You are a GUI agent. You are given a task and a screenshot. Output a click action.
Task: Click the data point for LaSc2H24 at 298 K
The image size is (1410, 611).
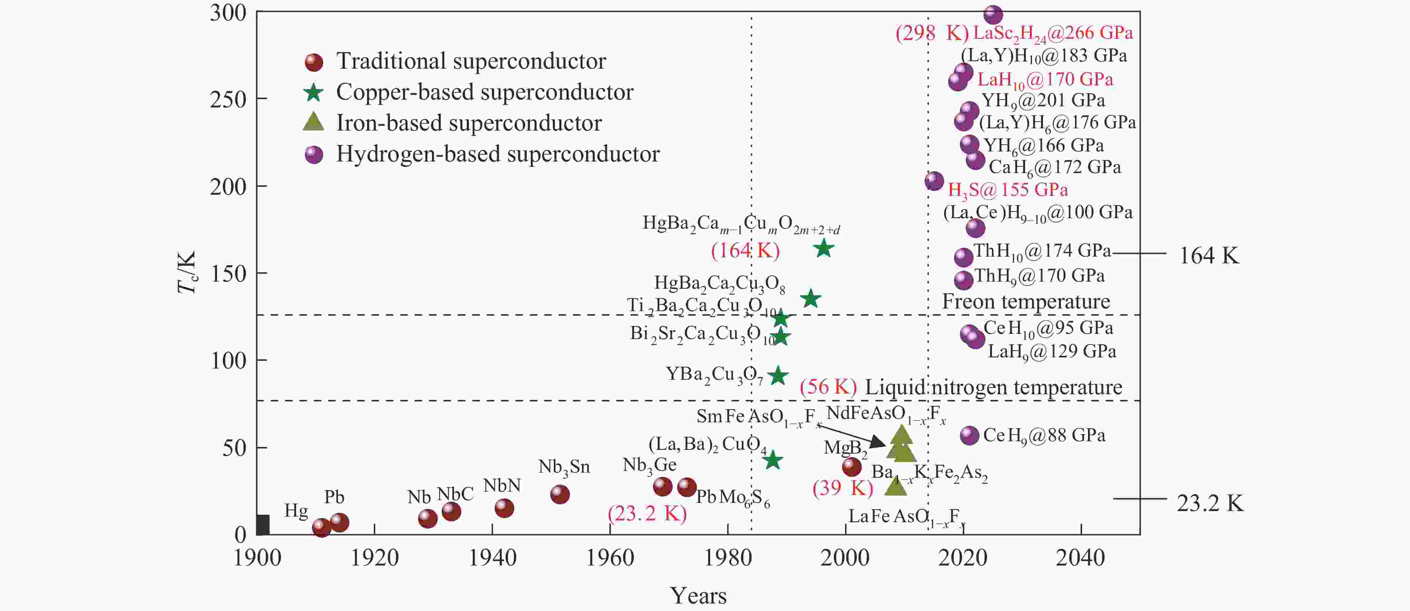(993, 15)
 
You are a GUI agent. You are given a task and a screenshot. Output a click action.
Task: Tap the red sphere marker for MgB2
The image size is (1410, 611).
(852, 467)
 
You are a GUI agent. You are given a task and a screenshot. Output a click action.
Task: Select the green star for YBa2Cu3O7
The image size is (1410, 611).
(778, 376)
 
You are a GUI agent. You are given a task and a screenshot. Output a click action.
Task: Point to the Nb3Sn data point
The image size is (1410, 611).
(560, 494)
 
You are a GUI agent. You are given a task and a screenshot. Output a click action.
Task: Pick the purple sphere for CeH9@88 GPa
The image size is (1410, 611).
(969, 435)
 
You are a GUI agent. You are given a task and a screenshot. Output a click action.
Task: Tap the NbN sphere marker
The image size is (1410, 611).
(504, 508)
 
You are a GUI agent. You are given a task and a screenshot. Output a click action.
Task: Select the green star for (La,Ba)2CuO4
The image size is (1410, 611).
(772, 460)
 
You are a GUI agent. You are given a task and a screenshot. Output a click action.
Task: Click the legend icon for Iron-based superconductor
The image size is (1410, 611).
(314, 122)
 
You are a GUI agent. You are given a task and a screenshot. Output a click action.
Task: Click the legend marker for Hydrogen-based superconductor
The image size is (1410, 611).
(314, 154)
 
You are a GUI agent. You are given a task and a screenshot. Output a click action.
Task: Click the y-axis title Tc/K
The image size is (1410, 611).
(187, 272)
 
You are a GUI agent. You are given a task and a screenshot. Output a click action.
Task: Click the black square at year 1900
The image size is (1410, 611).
(263, 524)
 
